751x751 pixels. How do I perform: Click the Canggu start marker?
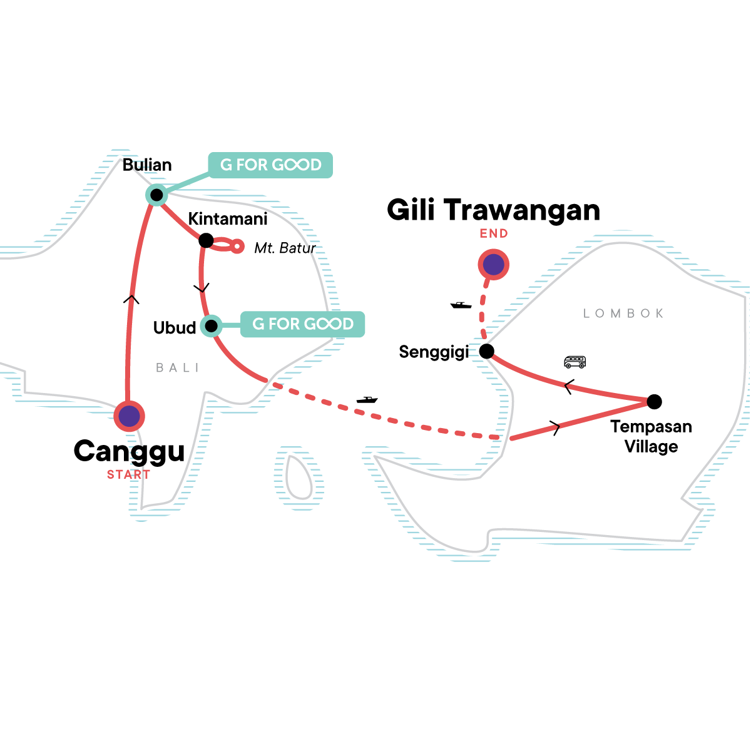point(130,416)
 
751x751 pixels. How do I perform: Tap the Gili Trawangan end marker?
point(493,265)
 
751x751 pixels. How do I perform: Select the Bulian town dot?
point(156,195)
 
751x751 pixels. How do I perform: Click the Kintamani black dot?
point(206,240)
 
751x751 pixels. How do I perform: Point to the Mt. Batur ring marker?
point(237,247)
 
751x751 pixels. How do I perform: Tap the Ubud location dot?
point(212,325)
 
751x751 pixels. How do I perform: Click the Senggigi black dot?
point(486,351)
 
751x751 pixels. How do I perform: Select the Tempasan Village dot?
point(653,401)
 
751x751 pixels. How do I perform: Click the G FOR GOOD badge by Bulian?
point(270,165)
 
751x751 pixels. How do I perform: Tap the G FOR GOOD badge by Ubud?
point(302,324)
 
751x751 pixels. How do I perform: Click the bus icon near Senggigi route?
point(575,362)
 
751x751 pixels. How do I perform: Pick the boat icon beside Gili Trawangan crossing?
point(461,305)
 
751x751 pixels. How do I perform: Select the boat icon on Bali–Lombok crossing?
point(367,399)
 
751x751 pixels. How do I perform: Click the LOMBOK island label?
point(623,314)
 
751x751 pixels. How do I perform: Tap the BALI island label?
point(177,368)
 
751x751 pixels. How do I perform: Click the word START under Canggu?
point(128,475)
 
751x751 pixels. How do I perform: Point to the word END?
point(494,233)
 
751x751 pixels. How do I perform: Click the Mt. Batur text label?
point(285,248)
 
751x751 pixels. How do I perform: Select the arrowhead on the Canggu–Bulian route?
point(131,299)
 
